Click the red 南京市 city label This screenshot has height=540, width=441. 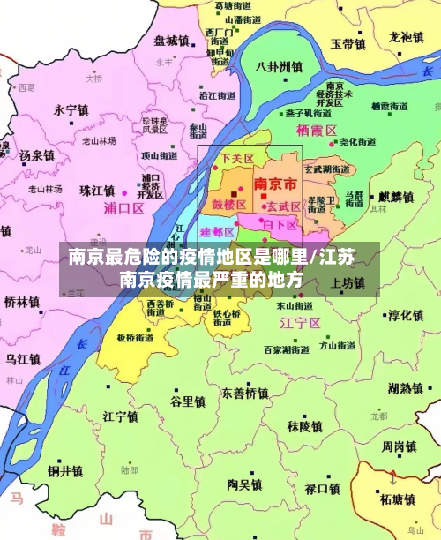point(275,184)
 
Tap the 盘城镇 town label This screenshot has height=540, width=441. point(171,41)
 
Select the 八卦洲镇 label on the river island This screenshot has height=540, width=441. point(279,67)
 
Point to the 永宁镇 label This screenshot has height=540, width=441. point(71,110)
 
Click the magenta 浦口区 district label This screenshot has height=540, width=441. point(123,208)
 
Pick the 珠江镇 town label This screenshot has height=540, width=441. point(97,191)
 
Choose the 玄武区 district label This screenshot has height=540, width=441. point(284,206)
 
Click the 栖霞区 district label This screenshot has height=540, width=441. point(318,131)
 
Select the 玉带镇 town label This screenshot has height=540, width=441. point(348,43)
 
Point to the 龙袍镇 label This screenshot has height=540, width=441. point(407,37)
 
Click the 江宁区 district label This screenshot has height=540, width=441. point(298,323)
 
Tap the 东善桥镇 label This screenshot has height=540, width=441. point(244,393)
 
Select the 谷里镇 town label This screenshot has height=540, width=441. point(188,401)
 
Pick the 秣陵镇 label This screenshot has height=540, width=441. point(304,426)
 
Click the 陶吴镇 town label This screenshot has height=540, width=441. point(244,484)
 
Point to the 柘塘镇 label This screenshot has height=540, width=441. point(398,499)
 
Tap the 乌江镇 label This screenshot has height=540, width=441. point(24,359)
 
